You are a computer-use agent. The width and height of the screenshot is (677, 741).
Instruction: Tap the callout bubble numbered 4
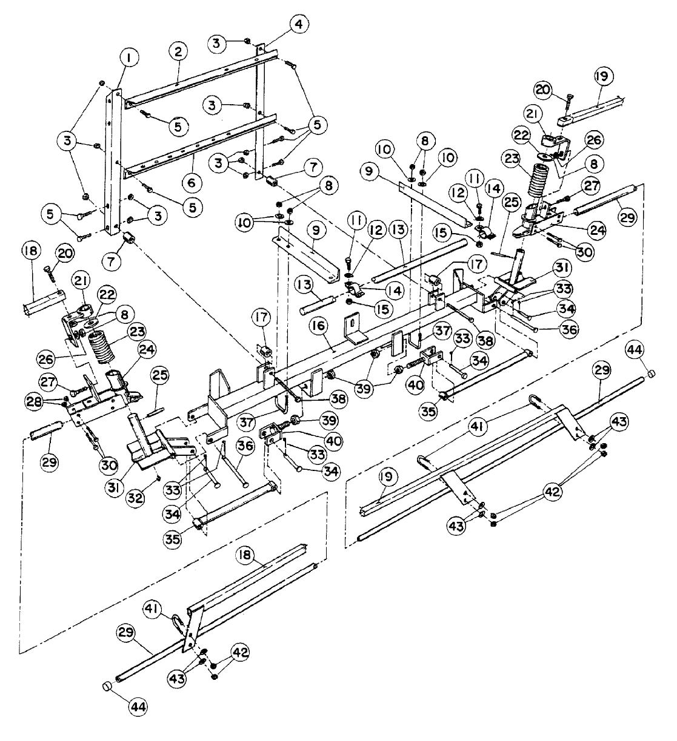pyautogui.click(x=298, y=25)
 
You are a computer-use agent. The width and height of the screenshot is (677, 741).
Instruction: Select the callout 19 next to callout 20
pyautogui.click(x=604, y=76)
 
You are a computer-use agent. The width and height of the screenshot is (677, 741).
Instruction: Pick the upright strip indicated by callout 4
pyautogui.click(x=261, y=109)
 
